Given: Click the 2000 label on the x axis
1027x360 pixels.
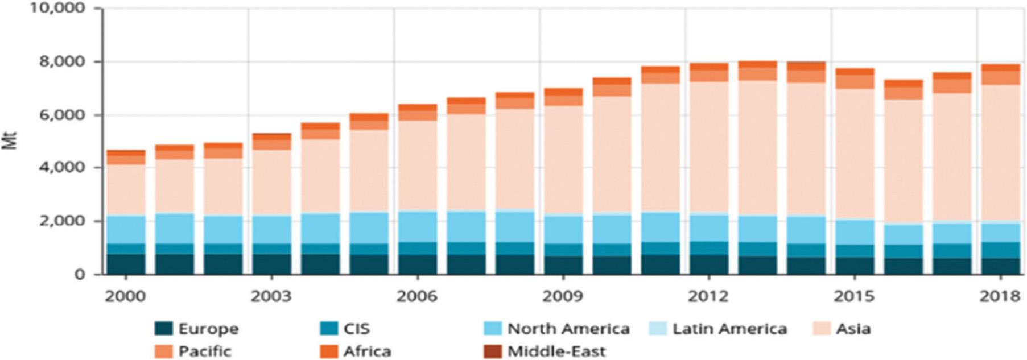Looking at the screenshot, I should tap(125, 296).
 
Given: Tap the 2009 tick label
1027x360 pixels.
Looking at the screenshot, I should tap(562, 296).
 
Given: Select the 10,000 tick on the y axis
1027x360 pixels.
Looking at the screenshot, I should tap(57, 8).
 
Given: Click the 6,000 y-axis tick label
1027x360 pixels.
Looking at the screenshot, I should tap(63, 114).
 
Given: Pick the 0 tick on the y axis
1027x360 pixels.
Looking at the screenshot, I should tap(80, 274).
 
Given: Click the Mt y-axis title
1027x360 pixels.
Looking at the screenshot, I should tap(10, 140).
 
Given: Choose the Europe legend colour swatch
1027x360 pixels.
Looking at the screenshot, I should tap(163, 329).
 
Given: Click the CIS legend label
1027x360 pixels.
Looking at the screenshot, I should tap(356, 329).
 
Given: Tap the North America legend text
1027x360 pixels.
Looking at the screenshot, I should tap(568, 329).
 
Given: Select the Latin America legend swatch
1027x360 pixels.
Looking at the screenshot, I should tap(658, 329).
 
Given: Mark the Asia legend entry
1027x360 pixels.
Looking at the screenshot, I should tap(852, 329).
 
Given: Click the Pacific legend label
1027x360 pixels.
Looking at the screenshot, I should tap(205, 351).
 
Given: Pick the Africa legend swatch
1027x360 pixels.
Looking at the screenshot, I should tap(329, 351).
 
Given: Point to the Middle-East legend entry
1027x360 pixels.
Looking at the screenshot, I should tap(556, 351).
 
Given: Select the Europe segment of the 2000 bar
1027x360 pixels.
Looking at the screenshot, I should tap(126, 264).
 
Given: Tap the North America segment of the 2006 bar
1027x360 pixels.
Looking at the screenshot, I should tap(417, 226).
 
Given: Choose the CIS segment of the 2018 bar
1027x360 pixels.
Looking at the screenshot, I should tap(1000, 250).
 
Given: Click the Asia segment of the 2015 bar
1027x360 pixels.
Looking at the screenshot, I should tap(854, 154).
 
